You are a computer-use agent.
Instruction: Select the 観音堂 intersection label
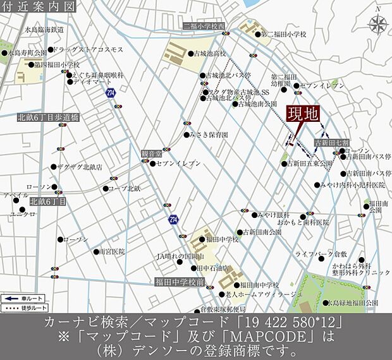[x=151, y=153]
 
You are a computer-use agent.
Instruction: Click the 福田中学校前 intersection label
[x=179, y=283]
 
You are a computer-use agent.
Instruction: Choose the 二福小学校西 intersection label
[x=204, y=26]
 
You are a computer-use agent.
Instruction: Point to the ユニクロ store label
[x=22, y=215]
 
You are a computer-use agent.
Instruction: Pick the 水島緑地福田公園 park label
[x=354, y=303]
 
